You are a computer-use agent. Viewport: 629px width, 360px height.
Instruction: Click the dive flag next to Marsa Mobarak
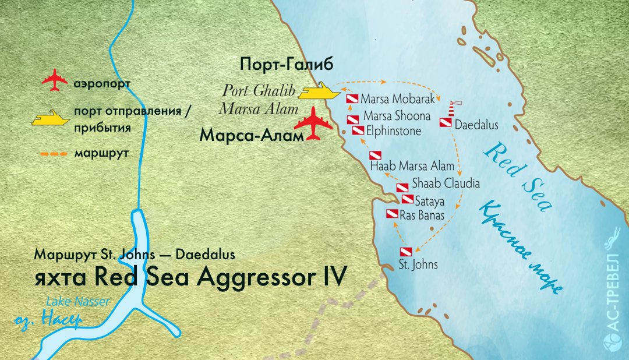[x=352, y=99]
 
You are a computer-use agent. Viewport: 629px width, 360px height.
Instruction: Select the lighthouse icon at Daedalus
[x=453, y=108]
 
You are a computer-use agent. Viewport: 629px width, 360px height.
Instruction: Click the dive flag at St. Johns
[x=405, y=252]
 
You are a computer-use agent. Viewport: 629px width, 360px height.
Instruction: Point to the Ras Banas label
[x=422, y=216]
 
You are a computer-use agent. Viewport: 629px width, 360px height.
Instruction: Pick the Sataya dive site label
[x=430, y=202]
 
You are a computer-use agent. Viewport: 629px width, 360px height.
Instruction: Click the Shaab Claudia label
[x=446, y=183]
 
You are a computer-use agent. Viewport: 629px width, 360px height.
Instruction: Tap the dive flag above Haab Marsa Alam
[x=375, y=156]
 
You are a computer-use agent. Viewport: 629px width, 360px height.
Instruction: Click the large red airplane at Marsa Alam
[x=313, y=123]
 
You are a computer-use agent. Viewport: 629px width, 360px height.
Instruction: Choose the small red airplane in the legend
[x=55, y=81]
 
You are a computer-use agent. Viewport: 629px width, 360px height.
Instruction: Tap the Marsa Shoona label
[x=397, y=116]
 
